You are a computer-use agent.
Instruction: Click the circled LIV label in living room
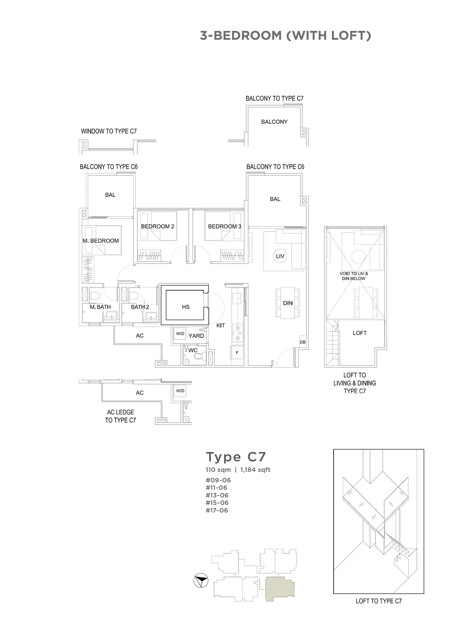point(280,256)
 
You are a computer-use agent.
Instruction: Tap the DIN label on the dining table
point(288,303)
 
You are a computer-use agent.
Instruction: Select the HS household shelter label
point(185,307)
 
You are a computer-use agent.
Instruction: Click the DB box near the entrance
point(302,342)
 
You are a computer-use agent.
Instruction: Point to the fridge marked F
point(237,353)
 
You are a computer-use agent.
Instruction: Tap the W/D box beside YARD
point(180,334)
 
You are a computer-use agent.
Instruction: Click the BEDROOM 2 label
point(157,226)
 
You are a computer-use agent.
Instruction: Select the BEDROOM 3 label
point(225,226)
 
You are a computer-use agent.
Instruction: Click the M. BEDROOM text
point(101,241)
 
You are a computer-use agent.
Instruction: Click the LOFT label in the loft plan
point(359,333)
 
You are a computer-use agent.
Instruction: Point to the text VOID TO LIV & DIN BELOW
point(353,276)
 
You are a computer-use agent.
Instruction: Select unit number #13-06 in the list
point(217,495)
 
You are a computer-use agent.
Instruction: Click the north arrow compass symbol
point(201,581)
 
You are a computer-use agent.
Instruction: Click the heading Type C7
point(236,457)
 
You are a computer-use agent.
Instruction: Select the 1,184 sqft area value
point(255,470)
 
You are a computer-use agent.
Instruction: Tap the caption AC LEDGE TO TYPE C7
point(121,416)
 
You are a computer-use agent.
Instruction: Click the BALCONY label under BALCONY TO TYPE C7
point(274,122)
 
